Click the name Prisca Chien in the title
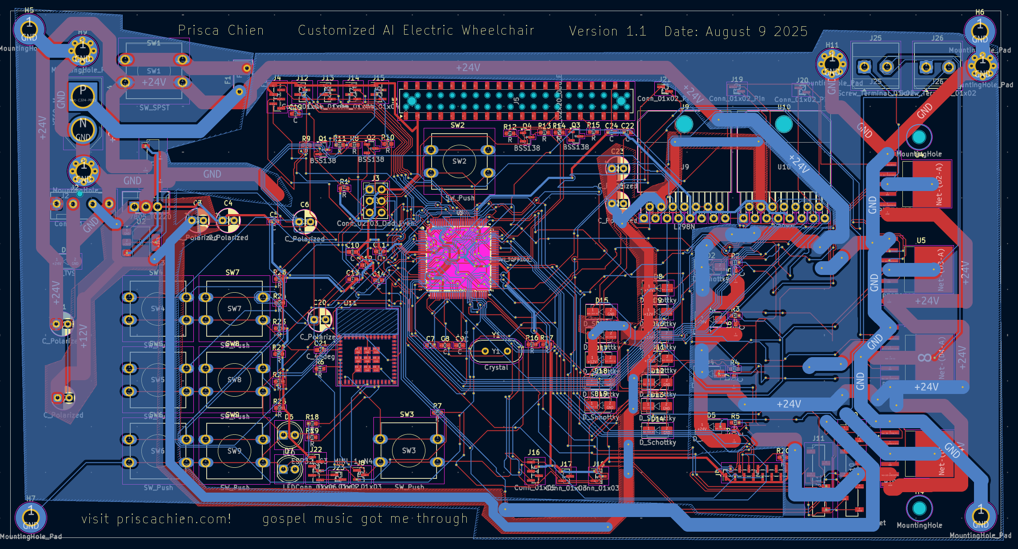coord(221,30)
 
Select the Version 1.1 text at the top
coord(608,31)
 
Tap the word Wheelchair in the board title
coord(498,30)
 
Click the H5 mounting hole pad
coord(29,29)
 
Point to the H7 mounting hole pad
coord(30,517)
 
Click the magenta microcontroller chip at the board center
coord(459,258)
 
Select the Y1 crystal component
coord(496,351)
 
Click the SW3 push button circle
coord(409,450)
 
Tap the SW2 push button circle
coord(459,161)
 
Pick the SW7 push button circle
coord(234,308)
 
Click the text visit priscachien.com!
coord(156,519)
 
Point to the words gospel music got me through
coord(365,519)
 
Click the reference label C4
coord(228,203)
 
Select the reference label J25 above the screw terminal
coord(875,38)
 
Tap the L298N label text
coord(684,227)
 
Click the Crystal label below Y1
coord(496,367)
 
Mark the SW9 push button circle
coord(234,451)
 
